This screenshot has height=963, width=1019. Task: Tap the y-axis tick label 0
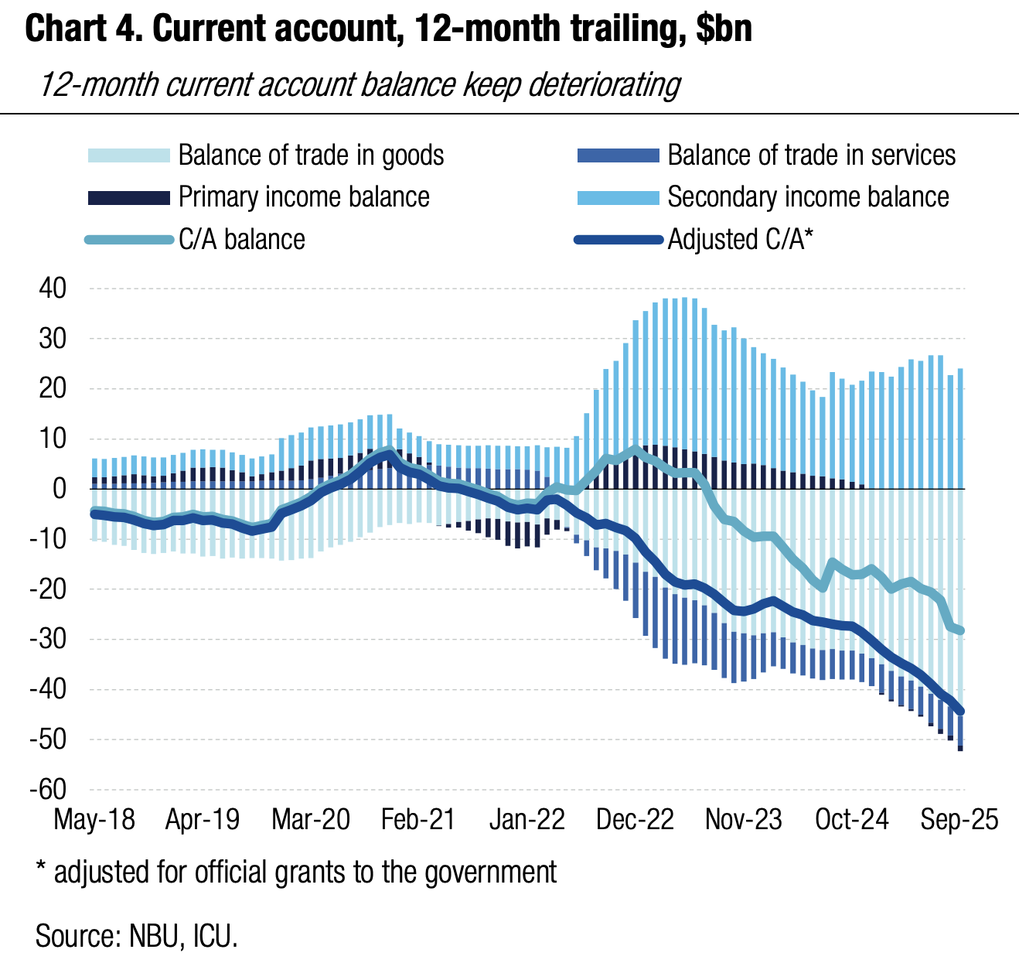pos(60,489)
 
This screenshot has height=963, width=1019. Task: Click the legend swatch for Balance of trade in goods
pos(128,155)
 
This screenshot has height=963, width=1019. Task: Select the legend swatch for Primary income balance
pos(128,197)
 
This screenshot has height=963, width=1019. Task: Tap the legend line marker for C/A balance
pos(128,240)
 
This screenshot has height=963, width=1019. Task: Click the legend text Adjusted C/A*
pos(741,240)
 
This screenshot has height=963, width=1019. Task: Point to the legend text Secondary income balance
pos(808,197)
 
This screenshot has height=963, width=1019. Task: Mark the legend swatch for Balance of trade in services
pos(618,155)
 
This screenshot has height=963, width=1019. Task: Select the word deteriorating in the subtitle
pos(604,84)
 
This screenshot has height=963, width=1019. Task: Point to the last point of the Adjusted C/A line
pos(960,712)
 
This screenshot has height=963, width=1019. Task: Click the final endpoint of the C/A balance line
pos(960,630)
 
